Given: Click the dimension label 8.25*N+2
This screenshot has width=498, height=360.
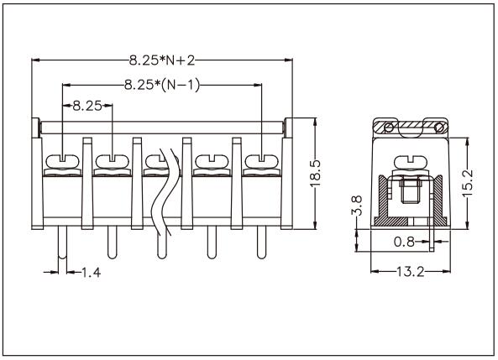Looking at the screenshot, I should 163,60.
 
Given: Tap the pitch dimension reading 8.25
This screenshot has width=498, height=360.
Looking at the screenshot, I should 87,107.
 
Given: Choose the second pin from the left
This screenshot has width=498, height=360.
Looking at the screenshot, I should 111,243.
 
